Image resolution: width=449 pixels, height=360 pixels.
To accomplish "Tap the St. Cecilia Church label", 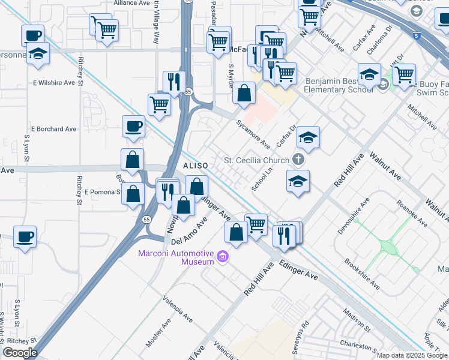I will click(256, 160).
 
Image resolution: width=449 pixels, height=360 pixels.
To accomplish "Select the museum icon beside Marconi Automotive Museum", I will click(223, 257).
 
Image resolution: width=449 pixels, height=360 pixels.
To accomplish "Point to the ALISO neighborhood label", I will click(195, 165).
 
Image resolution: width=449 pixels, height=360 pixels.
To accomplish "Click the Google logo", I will click(20, 353).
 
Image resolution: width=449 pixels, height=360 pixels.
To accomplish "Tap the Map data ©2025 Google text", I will click(412, 355).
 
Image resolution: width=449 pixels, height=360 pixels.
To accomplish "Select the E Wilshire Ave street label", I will click(57, 82).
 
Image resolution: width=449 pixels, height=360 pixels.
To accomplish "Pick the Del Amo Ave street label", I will click(189, 231).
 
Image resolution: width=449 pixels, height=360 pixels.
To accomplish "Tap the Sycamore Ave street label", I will click(253, 134).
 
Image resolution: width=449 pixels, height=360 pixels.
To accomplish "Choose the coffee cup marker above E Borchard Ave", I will click(133, 127).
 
